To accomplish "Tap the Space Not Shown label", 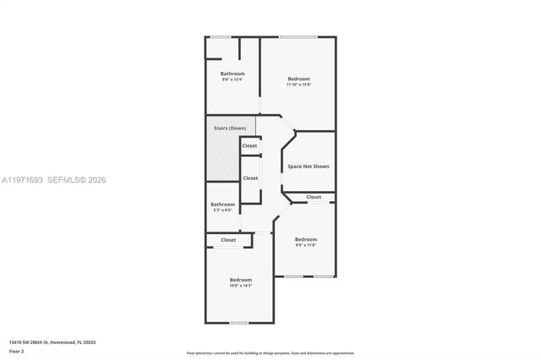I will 309,166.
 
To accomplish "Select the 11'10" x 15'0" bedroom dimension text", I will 298,85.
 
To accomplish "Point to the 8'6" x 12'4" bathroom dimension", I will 232,79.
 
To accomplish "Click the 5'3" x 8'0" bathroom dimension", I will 223,210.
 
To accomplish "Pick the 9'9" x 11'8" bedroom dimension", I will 305,245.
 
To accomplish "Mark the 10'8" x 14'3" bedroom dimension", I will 240,286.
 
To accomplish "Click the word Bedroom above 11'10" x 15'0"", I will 298,79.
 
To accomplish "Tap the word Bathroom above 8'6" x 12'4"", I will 232,74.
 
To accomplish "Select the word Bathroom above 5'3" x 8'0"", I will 223,204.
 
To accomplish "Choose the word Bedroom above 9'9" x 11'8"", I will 305,239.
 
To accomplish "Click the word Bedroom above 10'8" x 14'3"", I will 240,280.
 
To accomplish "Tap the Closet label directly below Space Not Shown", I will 314,197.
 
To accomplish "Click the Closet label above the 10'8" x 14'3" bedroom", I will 228,240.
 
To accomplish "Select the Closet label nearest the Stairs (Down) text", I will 249,146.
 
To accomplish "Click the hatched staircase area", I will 221,161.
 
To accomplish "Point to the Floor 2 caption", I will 17,351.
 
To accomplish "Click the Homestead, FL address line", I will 52,342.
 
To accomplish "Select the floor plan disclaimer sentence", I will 270,352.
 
